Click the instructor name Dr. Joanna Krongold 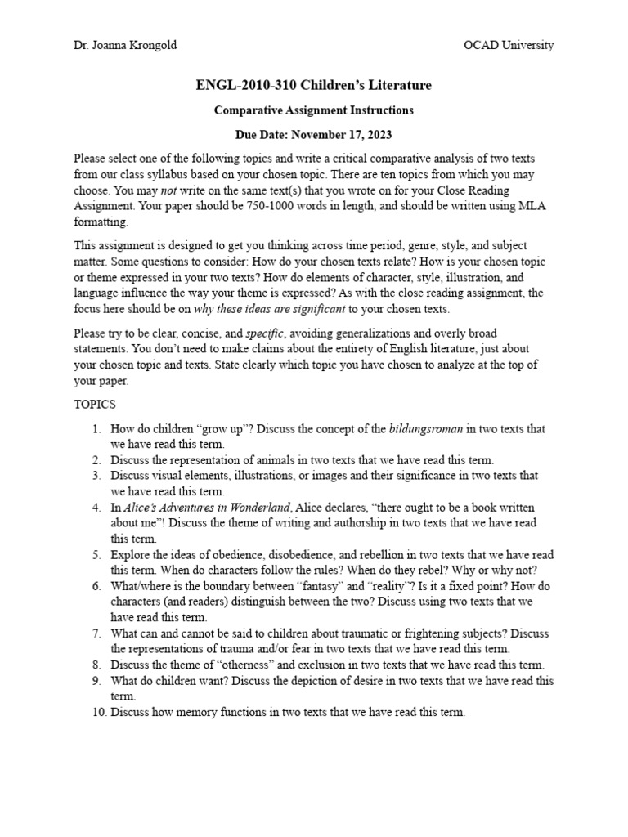point(124,46)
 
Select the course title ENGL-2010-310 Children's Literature point(314,85)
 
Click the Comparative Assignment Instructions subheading point(314,110)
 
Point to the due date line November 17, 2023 point(314,133)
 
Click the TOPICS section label point(95,405)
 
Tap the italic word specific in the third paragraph point(266,333)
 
